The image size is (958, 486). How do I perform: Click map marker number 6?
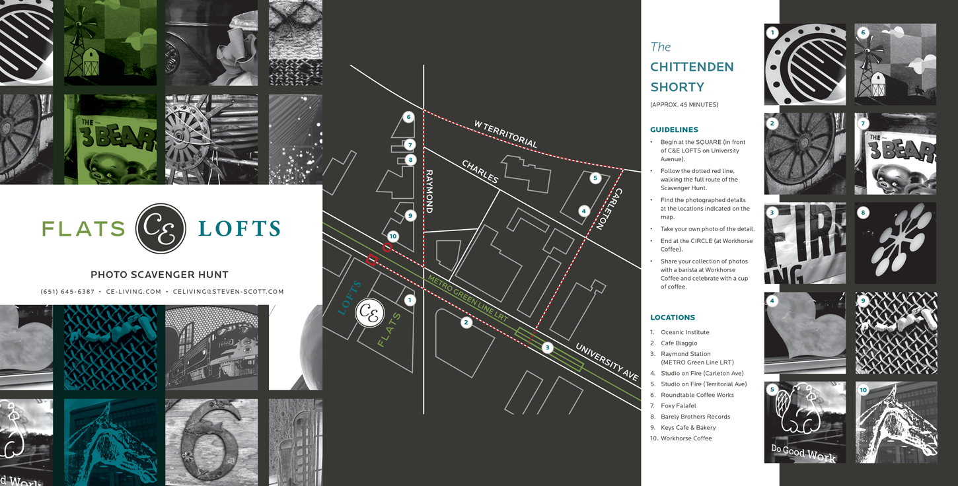click(x=408, y=117)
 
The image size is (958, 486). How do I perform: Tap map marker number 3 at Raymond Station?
click(x=547, y=347)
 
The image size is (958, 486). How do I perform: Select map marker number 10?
click(x=393, y=236)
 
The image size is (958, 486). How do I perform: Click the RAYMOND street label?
click(x=429, y=191)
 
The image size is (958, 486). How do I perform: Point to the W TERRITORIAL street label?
click(x=505, y=133)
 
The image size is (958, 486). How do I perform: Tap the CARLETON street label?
click(x=608, y=209)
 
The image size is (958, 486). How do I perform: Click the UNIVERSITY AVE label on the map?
click(x=607, y=361)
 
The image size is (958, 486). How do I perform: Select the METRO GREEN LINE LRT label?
click(x=467, y=299)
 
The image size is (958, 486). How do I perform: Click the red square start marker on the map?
click(x=371, y=260)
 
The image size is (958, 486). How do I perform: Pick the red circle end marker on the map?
click(x=388, y=248)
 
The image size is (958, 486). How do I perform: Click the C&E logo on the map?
click(x=369, y=313)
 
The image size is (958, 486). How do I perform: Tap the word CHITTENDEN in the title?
click(x=692, y=67)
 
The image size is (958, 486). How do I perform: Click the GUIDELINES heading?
click(x=674, y=130)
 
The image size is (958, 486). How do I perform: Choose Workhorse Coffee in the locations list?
click(x=686, y=438)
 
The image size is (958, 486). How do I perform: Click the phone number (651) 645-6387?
click(x=67, y=291)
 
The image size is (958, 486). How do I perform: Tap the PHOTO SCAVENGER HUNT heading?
click(x=159, y=275)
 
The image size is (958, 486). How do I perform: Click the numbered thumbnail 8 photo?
click(x=895, y=243)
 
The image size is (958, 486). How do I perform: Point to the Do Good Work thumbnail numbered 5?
click(x=805, y=422)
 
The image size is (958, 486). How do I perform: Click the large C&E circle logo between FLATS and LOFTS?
click(x=161, y=228)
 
